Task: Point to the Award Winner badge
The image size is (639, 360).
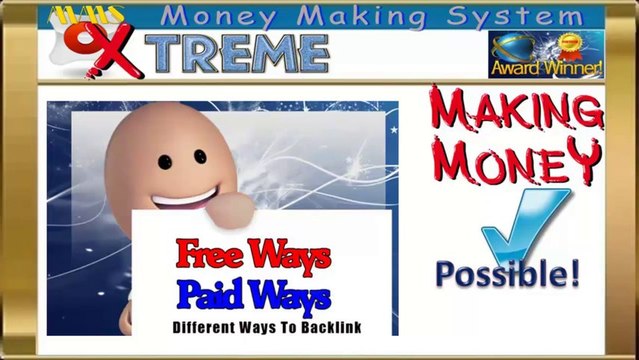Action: tap(546, 54)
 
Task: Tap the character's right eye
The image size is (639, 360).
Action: tap(199, 158)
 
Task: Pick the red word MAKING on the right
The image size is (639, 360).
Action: tap(516, 110)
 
